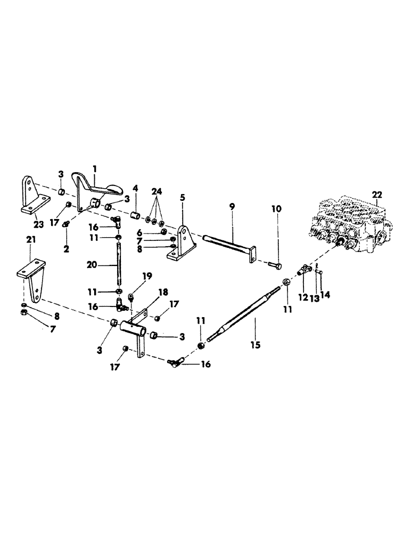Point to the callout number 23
click(39, 224)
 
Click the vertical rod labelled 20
click(118, 263)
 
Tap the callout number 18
click(163, 292)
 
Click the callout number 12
click(303, 297)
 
